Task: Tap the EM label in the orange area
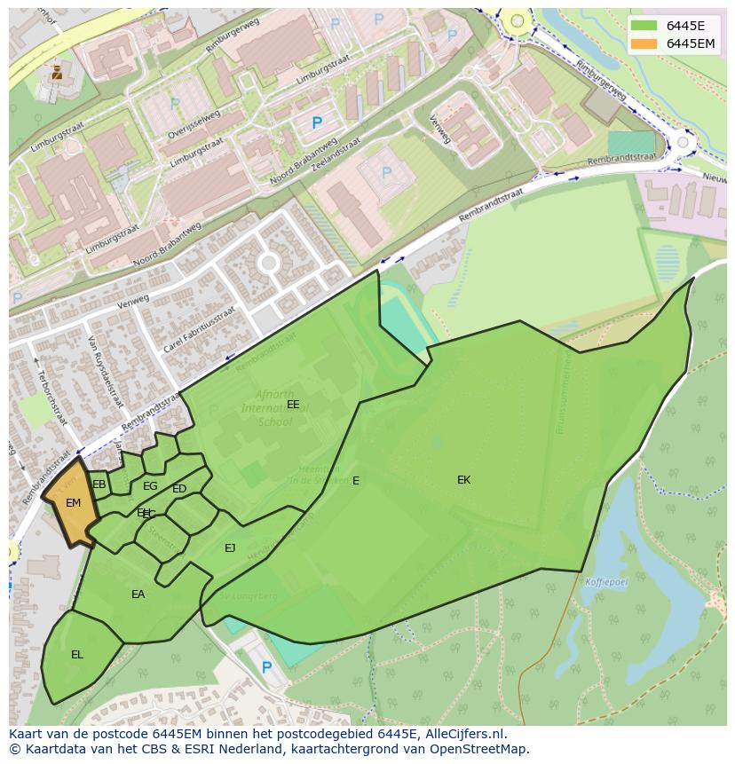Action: coord(74,503)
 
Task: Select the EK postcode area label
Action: coord(463,480)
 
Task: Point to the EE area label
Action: coord(293,405)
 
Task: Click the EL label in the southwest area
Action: coord(77,655)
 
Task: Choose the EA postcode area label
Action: coord(138,595)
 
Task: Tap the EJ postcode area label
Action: coord(230,548)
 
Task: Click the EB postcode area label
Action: coord(99,484)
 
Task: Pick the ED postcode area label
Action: coord(179,489)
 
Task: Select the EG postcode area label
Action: coord(150,486)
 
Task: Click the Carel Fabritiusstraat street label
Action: coord(202,330)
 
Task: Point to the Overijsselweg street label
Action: coord(194,119)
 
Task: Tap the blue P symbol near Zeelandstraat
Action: coord(317,123)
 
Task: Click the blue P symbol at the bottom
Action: coord(266,667)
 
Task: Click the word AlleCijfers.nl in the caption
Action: coord(465,734)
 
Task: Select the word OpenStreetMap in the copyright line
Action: coord(480,749)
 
